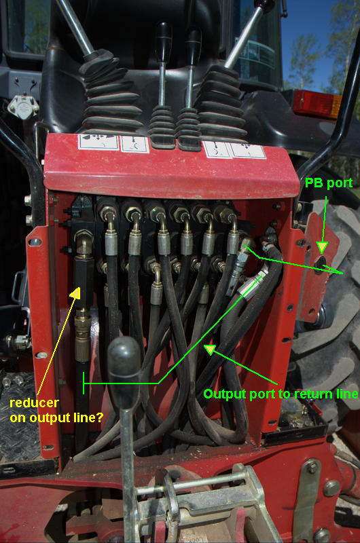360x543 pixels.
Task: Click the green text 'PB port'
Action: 329,183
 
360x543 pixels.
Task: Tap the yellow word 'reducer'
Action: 35,402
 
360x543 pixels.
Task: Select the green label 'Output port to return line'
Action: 281,394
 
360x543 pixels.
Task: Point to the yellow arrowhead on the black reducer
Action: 75,293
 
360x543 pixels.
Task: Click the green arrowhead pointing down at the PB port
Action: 322,247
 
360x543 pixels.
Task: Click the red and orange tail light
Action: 317,104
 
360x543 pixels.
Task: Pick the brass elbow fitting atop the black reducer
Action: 84,243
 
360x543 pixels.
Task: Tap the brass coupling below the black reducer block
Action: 82,335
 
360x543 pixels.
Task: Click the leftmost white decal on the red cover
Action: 98,142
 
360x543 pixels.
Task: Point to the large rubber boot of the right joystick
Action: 220,102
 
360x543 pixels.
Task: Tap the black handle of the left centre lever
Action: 163,41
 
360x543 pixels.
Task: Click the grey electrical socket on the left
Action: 23,107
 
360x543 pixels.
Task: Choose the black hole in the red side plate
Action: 320,265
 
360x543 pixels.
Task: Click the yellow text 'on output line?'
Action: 56,417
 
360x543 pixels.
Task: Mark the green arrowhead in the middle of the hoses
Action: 210,350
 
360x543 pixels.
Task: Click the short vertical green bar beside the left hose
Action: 84,383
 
